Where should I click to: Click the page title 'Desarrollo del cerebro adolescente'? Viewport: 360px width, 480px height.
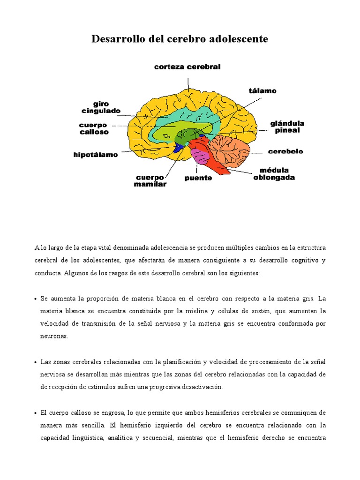pos(180,39)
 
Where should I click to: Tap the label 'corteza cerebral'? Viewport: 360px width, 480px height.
pos(187,67)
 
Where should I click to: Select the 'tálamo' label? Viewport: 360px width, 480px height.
pos(262,91)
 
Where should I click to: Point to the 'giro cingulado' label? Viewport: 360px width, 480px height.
pos(101,107)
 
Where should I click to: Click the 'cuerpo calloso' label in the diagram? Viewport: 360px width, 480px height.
pos(94,128)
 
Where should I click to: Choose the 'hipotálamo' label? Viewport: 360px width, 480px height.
pos(96,155)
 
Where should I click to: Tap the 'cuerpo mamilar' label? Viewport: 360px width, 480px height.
pos(150,181)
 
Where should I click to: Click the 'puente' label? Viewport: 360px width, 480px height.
pos(198,178)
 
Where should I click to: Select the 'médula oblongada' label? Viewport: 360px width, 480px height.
pos(274,174)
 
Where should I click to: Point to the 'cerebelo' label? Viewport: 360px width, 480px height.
pos(285,151)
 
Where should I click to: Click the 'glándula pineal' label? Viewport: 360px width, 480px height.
pos(287,127)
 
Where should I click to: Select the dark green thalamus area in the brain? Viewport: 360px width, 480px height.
pos(190,135)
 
